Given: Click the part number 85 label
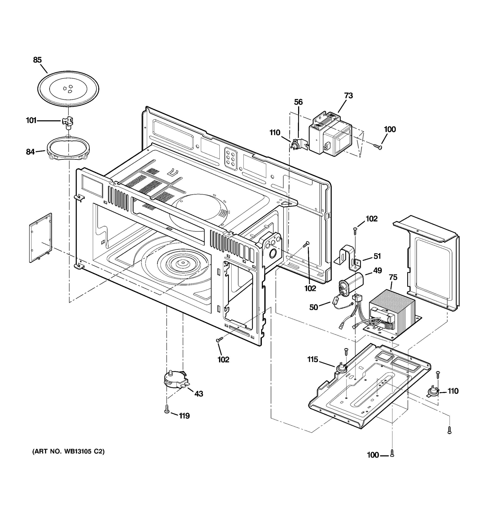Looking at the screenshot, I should click(x=37, y=60).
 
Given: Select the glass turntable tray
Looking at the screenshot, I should click(x=68, y=88).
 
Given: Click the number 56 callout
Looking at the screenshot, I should click(x=298, y=102).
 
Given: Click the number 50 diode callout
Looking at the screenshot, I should click(x=313, y=307).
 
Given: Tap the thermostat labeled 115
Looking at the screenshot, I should click(x=341, y=368).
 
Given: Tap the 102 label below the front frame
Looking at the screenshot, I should click(x=223, y=359).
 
